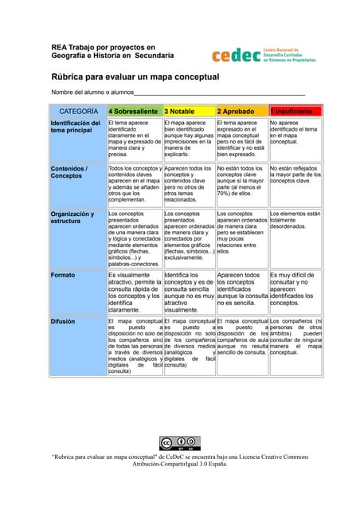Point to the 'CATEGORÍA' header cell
coord(78,111)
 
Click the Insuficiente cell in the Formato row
coord(295,288)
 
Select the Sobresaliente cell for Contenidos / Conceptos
coord(135,185)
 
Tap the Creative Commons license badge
coord(179,443)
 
